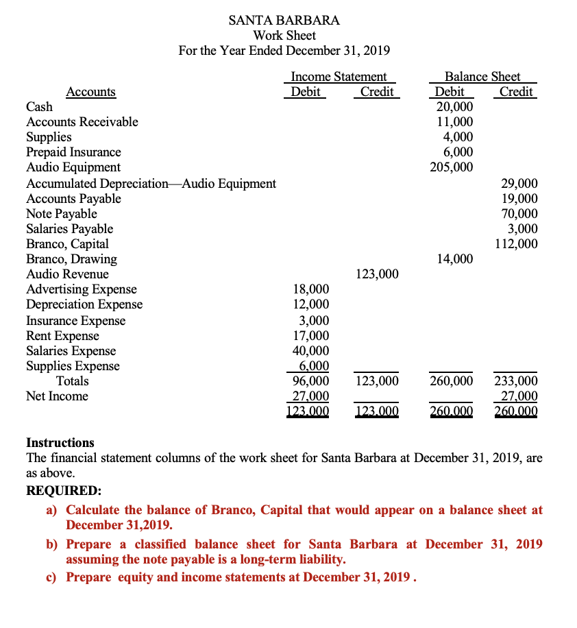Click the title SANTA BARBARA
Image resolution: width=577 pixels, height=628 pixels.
pyautogui.click(x=284, y=20)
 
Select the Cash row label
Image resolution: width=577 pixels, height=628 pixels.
pyautogui.click(x=39, y=107)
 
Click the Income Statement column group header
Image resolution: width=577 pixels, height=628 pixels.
pyautogui.click(x=339, y=77)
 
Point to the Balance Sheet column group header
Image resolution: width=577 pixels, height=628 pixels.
pyautogui.click(x=482, y=77)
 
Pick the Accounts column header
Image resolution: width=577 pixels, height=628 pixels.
pyautogui.click(x=90, y=92)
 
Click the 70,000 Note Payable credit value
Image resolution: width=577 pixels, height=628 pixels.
pyautogui.click(x=519, y=214)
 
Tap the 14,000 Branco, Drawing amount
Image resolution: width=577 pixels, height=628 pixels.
pyautogui.click(x=454, y=259)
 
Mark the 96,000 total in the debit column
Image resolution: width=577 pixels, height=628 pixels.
pyautogui.click(x=311, y=381)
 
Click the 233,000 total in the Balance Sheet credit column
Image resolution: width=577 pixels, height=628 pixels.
pyautogui.click(x=516, y=381)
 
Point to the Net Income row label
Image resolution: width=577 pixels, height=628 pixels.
pyautogui.click(x=57, y=396)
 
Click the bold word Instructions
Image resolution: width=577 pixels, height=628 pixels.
pyautogui.click(x=60, y=443)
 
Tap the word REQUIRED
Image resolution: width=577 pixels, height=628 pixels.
pyautogui.click(x=62, y=491)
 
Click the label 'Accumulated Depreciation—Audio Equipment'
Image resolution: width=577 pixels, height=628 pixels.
pyautogui.click(x=151, y=184)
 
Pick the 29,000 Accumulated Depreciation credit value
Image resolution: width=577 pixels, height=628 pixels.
pyautogui.click(x=519, y=184)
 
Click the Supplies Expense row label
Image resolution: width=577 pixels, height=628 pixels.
pyautogui.click(x=73, y=366)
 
